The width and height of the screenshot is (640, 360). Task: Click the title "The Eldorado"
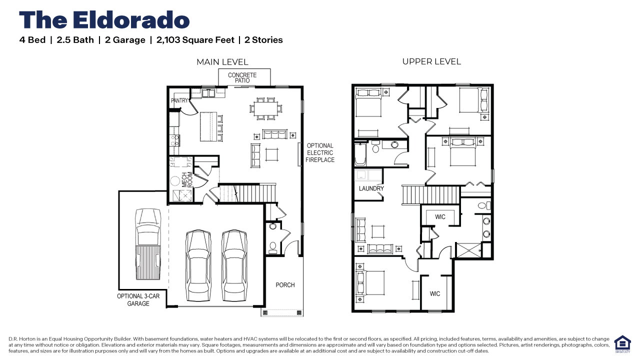pyautogui.click(x=104, y=20)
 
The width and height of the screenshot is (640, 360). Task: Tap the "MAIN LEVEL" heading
pyautogui.click(x=222, y=62)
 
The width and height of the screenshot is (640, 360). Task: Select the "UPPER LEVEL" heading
pyautogui.click(x=431, y=61)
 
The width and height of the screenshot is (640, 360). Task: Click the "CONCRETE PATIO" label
pyautogui.click(x=242, y=78)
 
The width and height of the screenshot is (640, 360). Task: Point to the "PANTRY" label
pyautogui.click(x=179, y=100)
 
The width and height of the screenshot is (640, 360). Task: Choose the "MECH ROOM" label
pyautogui.click(x=187, y=179)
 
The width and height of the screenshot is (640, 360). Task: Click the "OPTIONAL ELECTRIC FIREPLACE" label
pyautogui.click(x=320, y=153)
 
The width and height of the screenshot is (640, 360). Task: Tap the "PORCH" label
pyautogui.click(x=285, y=285)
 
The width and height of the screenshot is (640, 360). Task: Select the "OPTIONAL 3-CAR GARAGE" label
pyautogui.click(x=138, y=299)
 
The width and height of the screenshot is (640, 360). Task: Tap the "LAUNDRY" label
pyautogui.click(x=371, y=188)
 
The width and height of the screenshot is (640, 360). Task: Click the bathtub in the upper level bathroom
pyautogui.click(x=360, y=155)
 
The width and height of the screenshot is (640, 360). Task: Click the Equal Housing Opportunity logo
pyautogui.click(x=622, y=344)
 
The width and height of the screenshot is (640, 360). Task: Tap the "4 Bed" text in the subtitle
pyautogui.click(x=32, y=40)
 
